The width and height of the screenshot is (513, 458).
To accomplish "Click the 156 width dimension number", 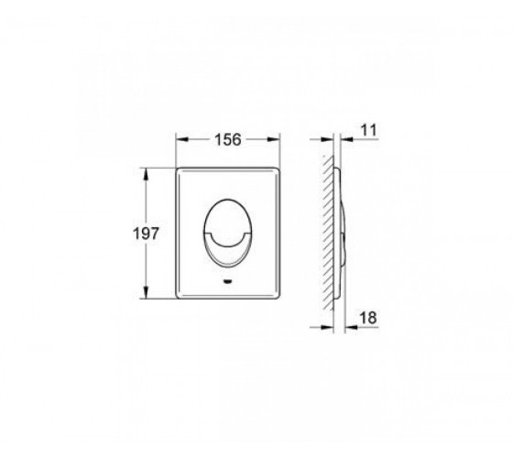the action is pos(228,139).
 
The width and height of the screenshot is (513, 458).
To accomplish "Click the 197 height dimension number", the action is pos(146,234).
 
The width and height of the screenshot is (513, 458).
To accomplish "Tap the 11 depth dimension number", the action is pos(368,130).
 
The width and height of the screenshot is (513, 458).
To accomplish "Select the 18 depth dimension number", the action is pos(368,318).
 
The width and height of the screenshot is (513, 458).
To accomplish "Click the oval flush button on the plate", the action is pos(228,233).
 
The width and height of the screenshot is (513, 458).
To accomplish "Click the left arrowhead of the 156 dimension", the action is pos(182,139).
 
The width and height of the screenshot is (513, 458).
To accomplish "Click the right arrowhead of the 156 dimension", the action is pos(274,139).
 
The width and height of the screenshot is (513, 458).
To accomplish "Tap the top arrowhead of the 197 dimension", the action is pos(146,175).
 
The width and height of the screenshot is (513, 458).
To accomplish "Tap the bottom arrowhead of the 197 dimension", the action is pos(146,292).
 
